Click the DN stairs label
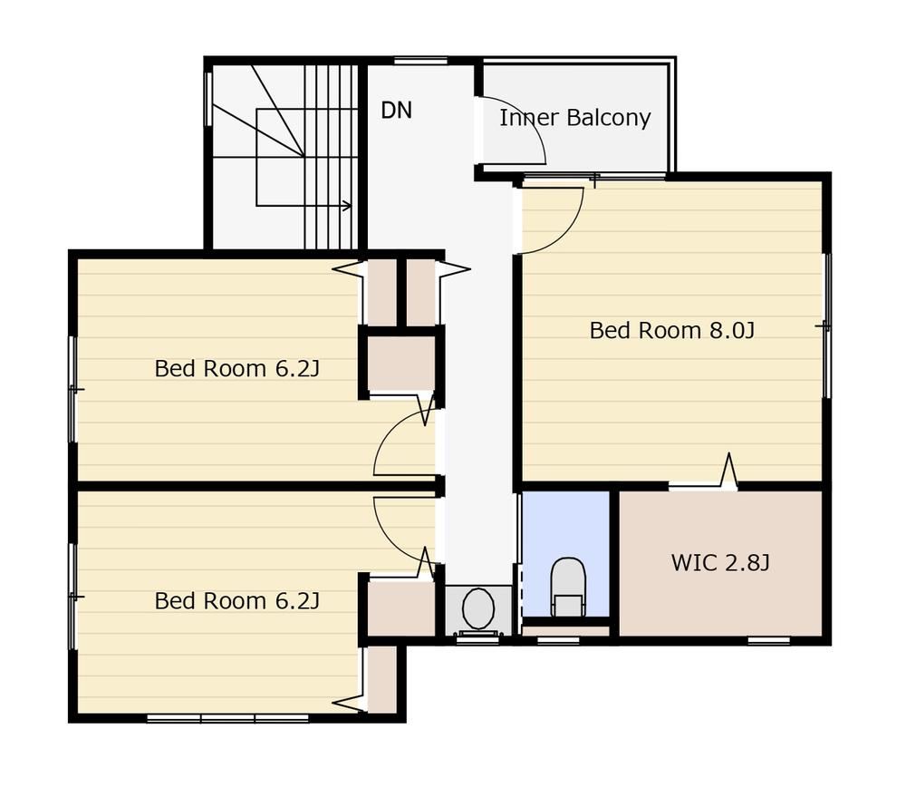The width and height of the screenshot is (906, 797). (397, 110)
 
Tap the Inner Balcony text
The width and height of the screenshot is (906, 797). (575, 118)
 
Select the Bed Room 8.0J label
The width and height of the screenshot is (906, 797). (672, 330)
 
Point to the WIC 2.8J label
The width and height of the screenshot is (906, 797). (720, 562)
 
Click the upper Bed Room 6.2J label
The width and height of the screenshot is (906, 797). (236, 368)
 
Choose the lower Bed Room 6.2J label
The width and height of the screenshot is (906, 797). (236, 601)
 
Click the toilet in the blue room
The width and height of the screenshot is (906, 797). (568, 587)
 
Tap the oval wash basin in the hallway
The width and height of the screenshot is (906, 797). (478, 609)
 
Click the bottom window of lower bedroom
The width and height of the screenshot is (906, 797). (227, 718)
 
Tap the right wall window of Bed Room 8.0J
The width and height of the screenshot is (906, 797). (827, 326)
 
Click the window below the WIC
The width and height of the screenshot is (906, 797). (769, 641)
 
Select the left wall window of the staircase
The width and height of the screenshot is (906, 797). (208, 99)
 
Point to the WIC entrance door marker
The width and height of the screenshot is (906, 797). (729, 471)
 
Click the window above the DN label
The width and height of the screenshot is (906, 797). (420, 60)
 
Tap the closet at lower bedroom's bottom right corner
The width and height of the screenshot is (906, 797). (382, 680)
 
